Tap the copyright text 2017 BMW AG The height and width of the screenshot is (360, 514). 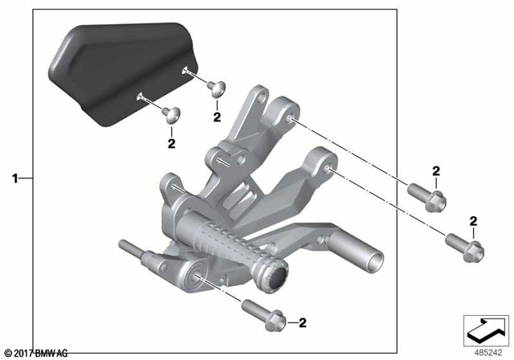[x=36, y=353]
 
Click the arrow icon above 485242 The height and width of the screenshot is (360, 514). [x=485, y=328]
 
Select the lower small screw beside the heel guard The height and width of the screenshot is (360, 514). [x=169, y=114]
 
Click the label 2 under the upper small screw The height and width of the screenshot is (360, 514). [x=216, y=117]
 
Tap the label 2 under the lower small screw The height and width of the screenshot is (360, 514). [x=170, y=144]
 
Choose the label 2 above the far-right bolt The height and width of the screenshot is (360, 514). [x=472, y=220]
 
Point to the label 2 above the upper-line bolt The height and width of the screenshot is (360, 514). [x=436, y=170]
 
